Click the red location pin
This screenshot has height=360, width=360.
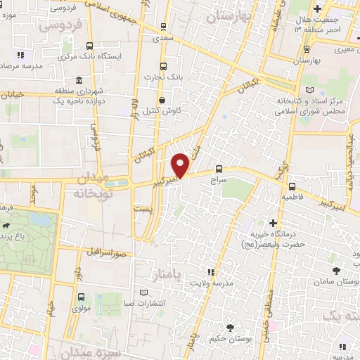point(181,165)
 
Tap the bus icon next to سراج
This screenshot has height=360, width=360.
point(219,169)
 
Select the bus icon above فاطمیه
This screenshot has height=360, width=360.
point(292,186)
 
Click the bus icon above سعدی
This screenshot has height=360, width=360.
point(164,27)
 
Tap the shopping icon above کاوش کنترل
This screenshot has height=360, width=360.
point(163,100)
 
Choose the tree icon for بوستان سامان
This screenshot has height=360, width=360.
point(337,270)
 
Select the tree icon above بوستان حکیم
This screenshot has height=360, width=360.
point(231,327)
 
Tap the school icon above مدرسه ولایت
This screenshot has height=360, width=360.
point(210,271)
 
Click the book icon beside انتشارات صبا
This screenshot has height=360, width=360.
point(144,292)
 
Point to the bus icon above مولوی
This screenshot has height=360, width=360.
point(82,297)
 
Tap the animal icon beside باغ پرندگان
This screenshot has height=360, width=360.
point(6,226)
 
